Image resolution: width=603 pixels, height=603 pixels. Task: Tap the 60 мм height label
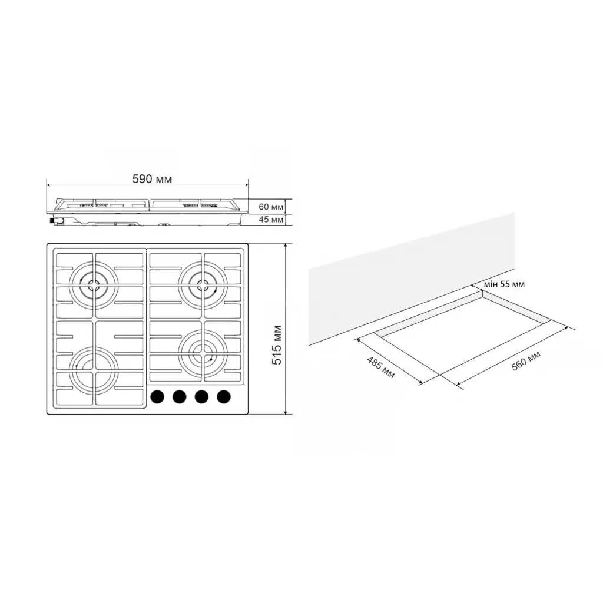pos(271,207)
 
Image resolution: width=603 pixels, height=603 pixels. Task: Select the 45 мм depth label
pos(271,220)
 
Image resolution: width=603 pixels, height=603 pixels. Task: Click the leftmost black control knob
pos(157,397)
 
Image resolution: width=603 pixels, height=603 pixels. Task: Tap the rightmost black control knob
pos(223,397)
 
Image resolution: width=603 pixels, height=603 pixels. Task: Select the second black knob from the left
pos(179,397)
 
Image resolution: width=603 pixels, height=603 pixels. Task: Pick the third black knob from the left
pos(201,397)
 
